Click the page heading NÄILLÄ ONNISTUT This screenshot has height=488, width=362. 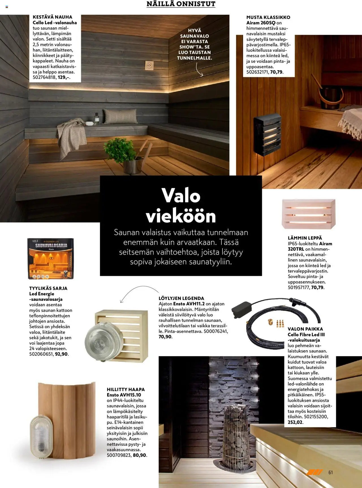coord(181,4)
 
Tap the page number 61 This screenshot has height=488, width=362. coord(331,472)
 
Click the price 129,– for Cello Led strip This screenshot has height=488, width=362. coord(64,77)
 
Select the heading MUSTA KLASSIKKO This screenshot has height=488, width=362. coord(268,17)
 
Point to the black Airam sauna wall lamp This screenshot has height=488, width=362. coord(267,134)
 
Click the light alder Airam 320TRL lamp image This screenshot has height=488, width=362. coord(309,214)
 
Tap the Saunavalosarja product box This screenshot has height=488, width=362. coord(50,258)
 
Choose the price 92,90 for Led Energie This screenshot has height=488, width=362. coord(61,354)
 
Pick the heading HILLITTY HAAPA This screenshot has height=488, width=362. coord(126,389)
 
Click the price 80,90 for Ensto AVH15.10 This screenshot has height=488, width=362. coord(140,455)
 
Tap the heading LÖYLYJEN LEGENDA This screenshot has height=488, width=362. coord(181,298)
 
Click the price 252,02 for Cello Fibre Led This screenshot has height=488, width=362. coord(295,422)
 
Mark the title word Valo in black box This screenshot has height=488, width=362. coord(181,195)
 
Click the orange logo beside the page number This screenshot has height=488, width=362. coord(314,472)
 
